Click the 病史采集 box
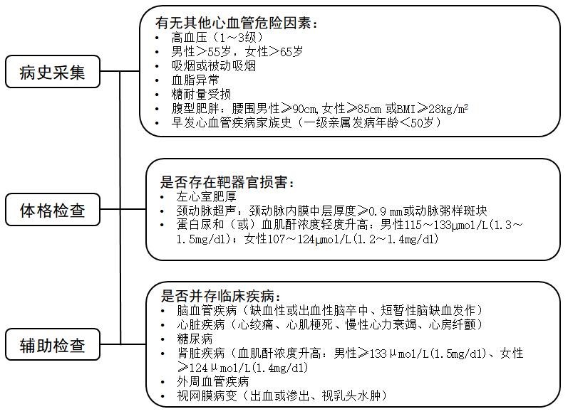click(x=53, y=72)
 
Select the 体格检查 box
click(x=53, y=210)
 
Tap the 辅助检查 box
click(x=53, y=344)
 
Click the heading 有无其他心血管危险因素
click(x=236, y=23)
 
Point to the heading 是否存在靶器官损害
click(x=227, y=182)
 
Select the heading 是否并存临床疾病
click(x=220, y=296)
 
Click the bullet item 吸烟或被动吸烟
click(x=214, y=66)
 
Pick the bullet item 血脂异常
click(x=195, y=80)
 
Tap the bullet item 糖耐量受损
click(x=201, y=95)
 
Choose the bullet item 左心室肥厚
click(x=206, y=196)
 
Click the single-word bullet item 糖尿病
click(x=195, y=339)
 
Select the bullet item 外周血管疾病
click(x=212, y=381)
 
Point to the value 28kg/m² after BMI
click(x=448, y=108)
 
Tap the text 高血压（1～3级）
click(x=217, y=37)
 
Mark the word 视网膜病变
click(x=207, y=396)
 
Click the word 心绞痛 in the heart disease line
click(x=255, y=324)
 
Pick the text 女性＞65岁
click(x=274, y=52)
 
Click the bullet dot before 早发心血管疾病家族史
click(x=157, y=123)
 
